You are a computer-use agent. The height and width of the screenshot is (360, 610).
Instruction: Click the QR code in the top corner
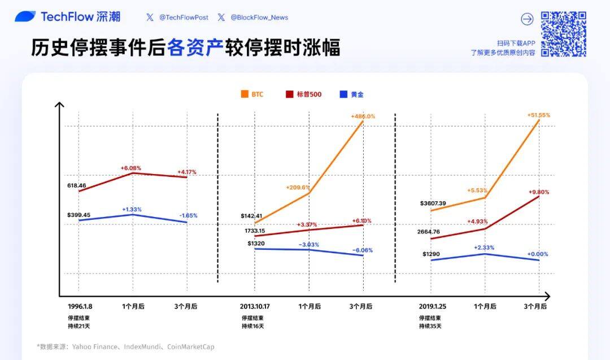tap(563, 34)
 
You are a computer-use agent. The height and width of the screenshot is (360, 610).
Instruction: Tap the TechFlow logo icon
tap(25, 17)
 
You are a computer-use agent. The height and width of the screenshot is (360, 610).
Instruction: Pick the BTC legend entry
tap(252, 94)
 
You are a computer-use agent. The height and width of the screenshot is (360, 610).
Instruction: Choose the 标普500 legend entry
tap(304, 94)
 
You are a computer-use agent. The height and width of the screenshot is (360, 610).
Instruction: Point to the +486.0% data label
tap(363, 116)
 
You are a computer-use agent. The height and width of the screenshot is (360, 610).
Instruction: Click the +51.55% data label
tap(538, 115)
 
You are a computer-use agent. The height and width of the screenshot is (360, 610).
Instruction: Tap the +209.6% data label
tap(298, 188)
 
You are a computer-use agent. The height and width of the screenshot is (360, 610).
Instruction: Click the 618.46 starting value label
tap(76, 185)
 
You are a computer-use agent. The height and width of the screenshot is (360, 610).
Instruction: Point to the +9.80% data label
tap(538, 192)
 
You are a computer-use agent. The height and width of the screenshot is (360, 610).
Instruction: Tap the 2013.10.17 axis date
tap(255, 306)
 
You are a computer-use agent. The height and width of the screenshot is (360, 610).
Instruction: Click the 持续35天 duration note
tap(430, 326)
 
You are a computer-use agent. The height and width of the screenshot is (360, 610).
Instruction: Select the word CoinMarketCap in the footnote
tap(192, 347)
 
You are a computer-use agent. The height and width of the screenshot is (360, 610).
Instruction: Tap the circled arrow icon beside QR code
tap(526, 19)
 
